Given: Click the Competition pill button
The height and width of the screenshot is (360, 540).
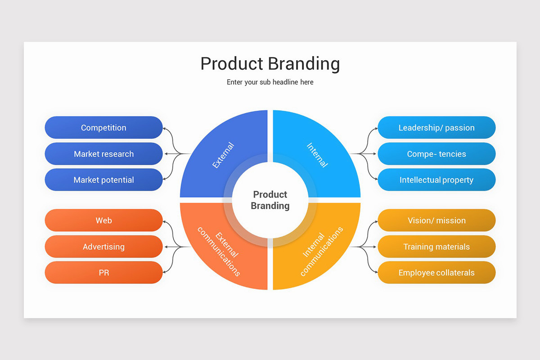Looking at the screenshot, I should point(103,128).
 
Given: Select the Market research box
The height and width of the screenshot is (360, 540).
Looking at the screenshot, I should point(103,154).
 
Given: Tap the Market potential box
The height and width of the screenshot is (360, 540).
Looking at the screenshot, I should point(103,180).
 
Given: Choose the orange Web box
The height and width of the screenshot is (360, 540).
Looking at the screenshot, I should point(103,220).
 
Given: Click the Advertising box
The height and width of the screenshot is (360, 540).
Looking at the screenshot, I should point(103,247).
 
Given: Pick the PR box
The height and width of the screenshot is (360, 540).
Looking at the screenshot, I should point(103,273).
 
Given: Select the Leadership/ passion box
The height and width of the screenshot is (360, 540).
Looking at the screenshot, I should point(436,128).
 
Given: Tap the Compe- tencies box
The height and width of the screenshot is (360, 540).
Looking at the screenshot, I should point(436,154).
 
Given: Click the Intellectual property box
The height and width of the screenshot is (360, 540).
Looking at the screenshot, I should point(436,180).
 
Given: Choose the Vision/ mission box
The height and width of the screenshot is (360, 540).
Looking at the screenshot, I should point(436,220).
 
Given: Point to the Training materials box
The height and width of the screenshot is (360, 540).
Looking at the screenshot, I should point(436,247).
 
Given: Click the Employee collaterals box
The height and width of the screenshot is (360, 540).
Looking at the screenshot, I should point(436,273).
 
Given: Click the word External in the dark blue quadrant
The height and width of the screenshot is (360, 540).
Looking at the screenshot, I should point(223,155).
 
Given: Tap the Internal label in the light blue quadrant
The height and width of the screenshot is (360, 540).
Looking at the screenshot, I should point(317,155).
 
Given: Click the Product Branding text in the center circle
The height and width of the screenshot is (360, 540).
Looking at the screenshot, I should point(270,200).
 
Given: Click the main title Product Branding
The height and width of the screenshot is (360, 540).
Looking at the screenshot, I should point(270,64).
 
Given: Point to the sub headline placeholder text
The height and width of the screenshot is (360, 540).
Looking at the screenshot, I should point(270,82).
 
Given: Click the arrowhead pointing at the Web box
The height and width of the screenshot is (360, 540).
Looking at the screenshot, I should point(165,221).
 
